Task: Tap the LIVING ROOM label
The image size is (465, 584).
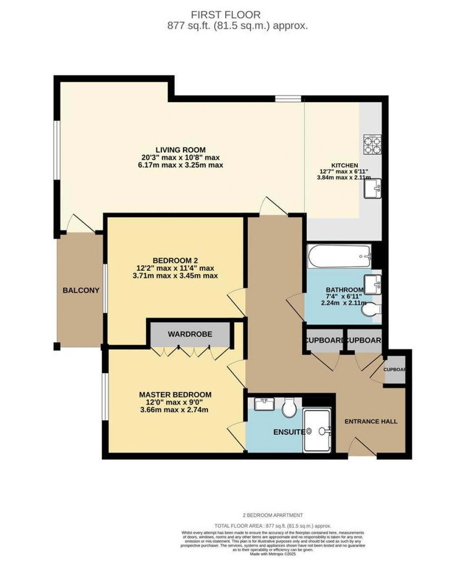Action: [180, 150]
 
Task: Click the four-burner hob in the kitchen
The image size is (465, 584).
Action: [372, 145]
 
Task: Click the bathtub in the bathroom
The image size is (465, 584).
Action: [339, 256]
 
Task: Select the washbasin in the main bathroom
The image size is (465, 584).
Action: [373, 285]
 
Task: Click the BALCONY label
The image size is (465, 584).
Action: [81, 290]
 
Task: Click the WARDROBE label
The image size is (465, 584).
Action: [190, 334]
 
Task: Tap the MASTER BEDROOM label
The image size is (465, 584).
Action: [175, 394]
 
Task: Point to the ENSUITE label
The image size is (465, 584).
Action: [288, 432]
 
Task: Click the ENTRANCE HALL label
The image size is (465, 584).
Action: [371, 421]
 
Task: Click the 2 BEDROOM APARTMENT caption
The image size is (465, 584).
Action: [272, 515]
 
